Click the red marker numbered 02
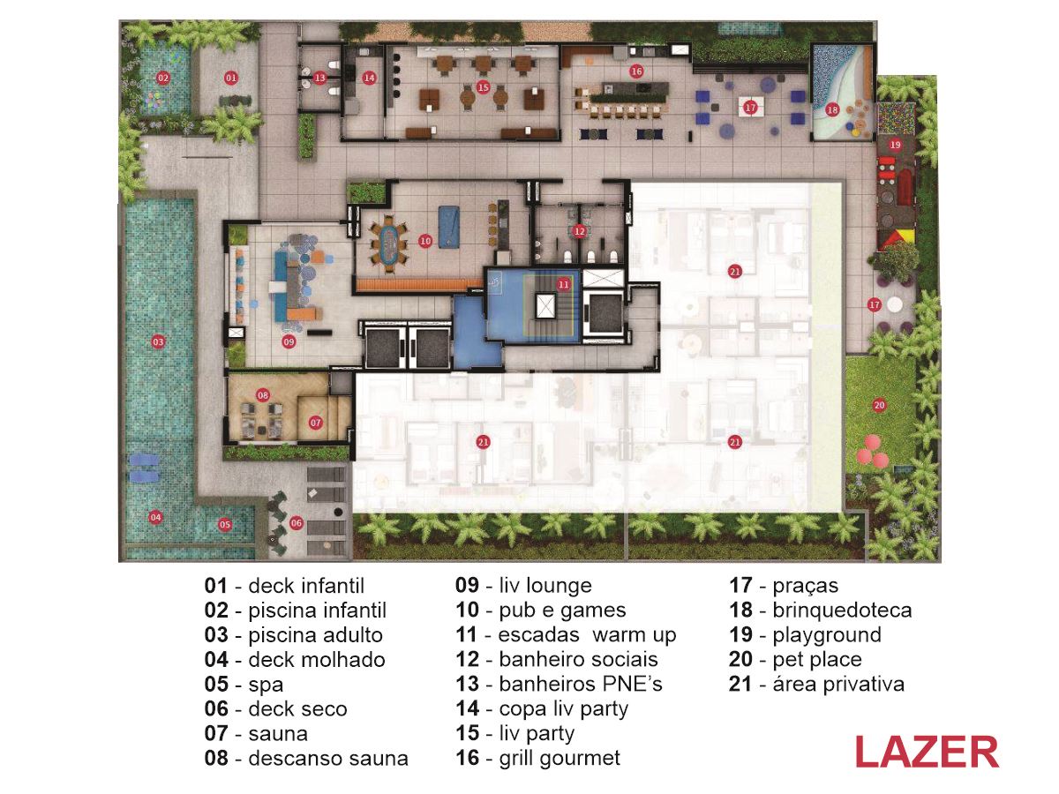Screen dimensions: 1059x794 (163, 78)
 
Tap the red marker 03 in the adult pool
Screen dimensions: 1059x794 (158, 342)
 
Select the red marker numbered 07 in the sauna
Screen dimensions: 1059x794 (316, 423)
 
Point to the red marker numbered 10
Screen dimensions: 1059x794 (425, 241)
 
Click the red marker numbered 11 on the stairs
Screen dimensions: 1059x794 (564, 284)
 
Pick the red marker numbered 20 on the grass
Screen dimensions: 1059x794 (879, 405)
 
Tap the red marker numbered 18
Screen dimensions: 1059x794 (832, 110)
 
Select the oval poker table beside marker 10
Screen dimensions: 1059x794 (389, 245)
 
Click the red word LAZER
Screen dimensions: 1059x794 (927, 752)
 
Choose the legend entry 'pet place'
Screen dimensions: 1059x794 (795, 660)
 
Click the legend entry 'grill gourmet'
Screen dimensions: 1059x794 (538, 758)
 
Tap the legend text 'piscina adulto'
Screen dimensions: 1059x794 (293, 635)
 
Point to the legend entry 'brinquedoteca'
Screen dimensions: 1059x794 (820, 610)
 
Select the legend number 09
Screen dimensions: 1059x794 (467, 585)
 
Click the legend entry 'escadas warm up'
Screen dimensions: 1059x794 (566, 635)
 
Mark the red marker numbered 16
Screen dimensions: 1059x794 (636, 71)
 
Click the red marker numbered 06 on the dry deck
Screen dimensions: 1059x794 (297, 522)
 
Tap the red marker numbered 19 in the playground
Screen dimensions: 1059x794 (895, 145)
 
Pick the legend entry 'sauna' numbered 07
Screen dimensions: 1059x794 (256, 734)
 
